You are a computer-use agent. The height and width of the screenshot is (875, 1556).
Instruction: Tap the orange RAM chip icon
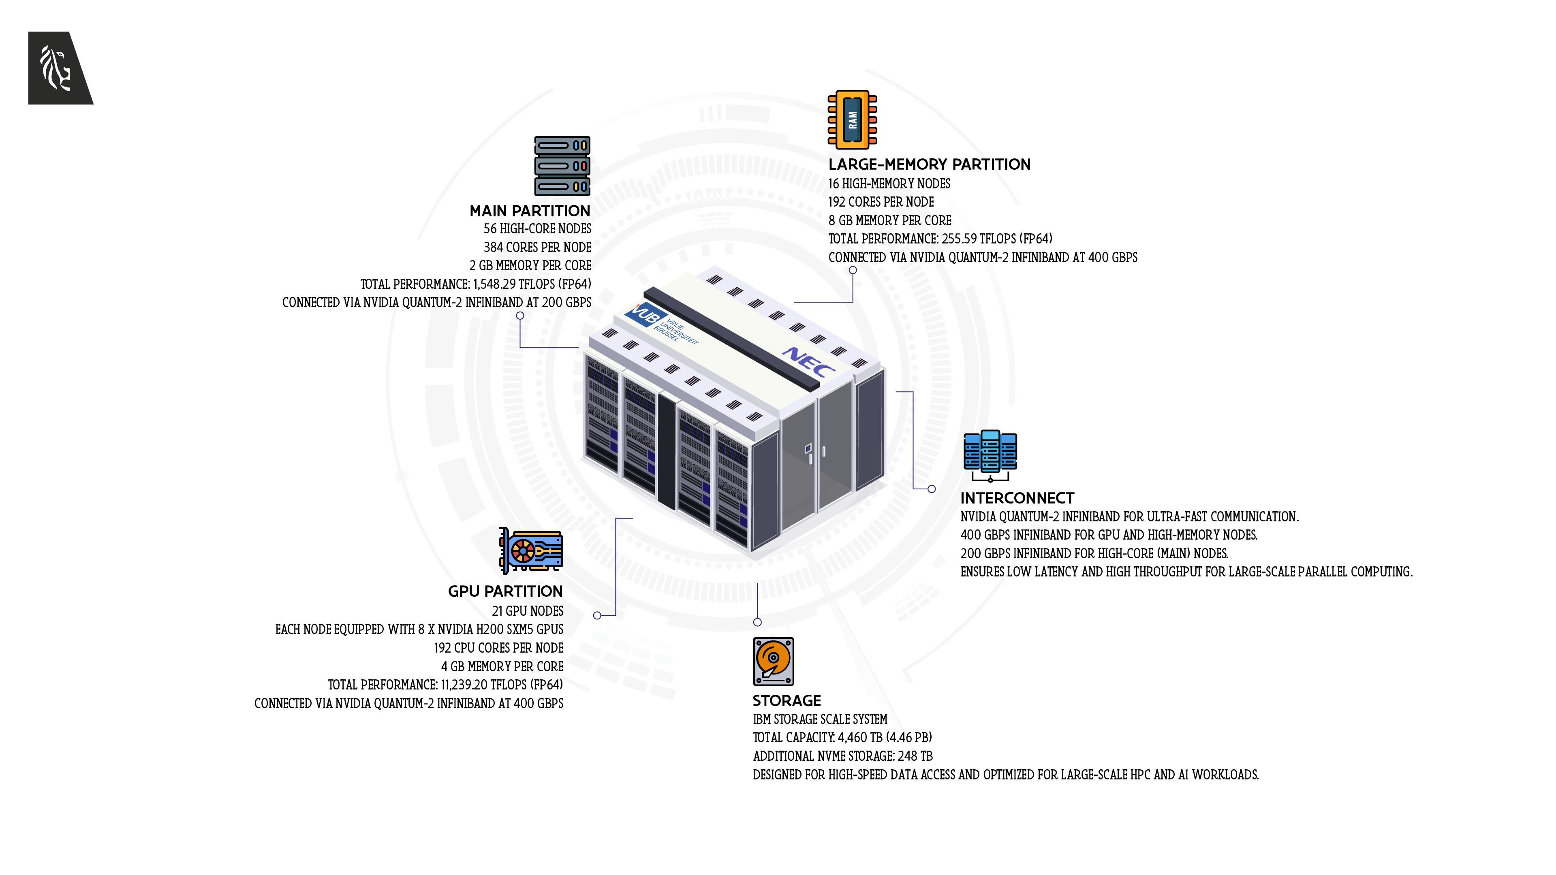point(852,120)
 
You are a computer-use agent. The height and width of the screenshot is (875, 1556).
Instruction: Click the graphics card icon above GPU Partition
point(531,550)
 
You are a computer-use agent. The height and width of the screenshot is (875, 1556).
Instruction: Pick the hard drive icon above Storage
point(773,661)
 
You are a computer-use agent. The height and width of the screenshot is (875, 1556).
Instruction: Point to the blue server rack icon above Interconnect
point(990,455)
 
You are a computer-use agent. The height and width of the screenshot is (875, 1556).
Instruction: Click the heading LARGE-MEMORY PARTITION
point(929,164)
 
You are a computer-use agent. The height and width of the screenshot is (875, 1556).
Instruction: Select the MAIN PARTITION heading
point(530,211)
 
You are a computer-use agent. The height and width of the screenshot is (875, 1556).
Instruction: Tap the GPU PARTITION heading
point(505,591)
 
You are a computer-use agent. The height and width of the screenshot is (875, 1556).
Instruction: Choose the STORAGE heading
point(787,700)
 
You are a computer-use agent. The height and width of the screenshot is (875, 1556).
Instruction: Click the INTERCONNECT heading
point(1017,498)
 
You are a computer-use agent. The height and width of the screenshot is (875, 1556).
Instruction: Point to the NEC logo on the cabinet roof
point(808,361)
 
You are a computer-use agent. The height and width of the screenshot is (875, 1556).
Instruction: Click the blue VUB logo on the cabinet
point(645,315)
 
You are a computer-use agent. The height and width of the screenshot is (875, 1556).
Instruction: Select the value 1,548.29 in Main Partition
point(494,284)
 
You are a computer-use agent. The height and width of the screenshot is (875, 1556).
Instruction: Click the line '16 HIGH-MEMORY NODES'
point(889,184)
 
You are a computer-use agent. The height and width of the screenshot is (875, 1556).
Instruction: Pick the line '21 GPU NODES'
point(527,611)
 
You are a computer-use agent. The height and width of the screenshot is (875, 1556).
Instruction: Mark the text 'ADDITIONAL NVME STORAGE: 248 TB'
point(843,756)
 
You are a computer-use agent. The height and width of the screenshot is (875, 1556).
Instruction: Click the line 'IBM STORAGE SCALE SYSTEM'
point(820,719)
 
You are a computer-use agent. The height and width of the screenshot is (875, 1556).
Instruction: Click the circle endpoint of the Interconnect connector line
point(932,489)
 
